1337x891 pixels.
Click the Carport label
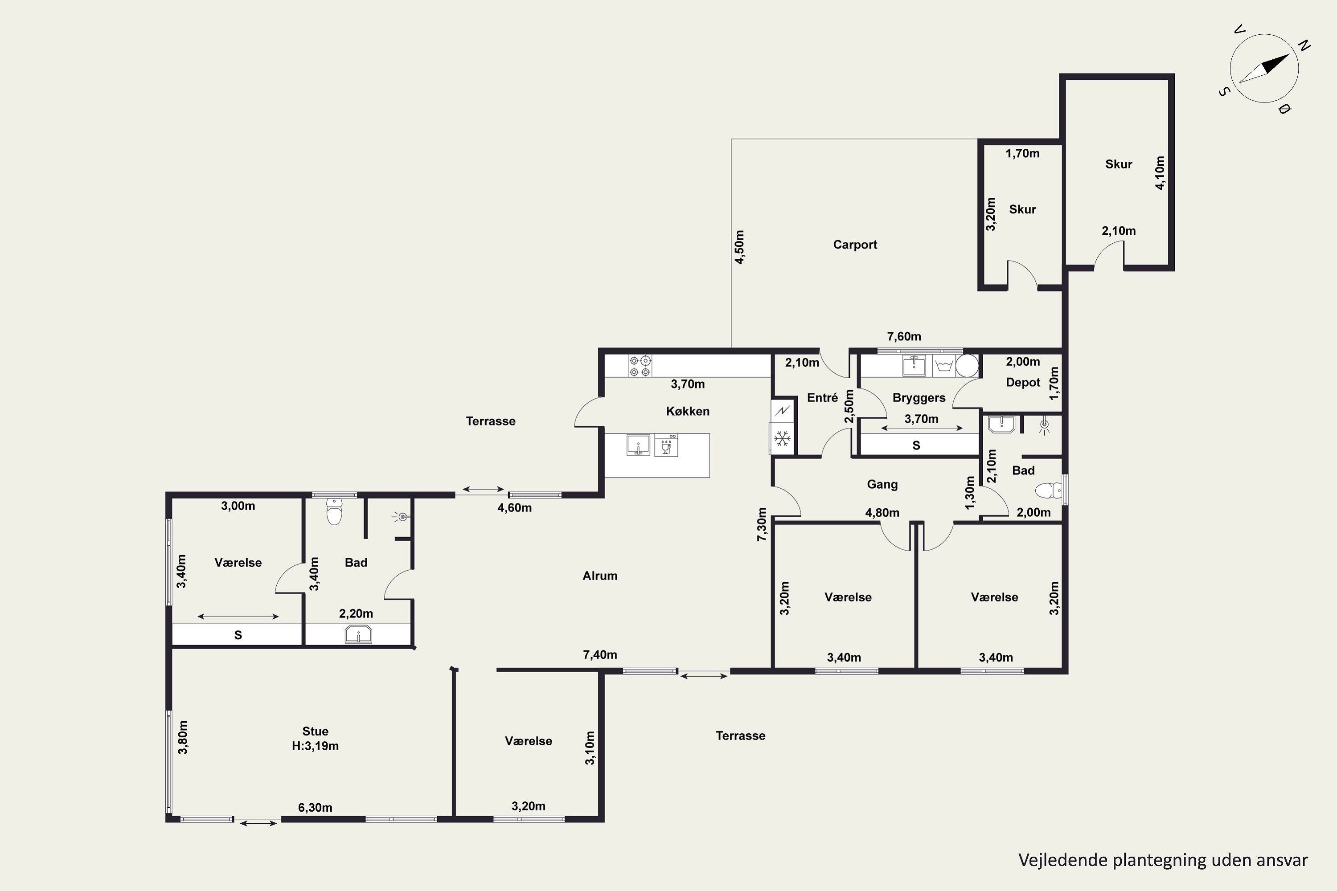(x=855, y=245)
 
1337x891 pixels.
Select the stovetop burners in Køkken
(x=640, y=366)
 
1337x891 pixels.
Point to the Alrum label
(x=600, y=576)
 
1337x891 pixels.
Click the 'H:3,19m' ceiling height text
(x=315, y=746)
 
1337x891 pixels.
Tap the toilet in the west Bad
(x=334, y=511)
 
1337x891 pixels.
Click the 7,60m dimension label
(x=904, y=336)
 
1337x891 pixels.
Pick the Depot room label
(x=1023, y=382)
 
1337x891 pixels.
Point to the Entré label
(x=823, y=398)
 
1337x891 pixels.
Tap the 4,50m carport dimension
(x=739, y=247)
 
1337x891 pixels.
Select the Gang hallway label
(x=882, y=484)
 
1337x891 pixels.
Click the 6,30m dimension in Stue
(x=315, y=807)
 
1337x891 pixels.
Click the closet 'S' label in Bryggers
(x=916, y=445)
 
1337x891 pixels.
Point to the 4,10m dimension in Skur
(x=1160, y=173)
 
